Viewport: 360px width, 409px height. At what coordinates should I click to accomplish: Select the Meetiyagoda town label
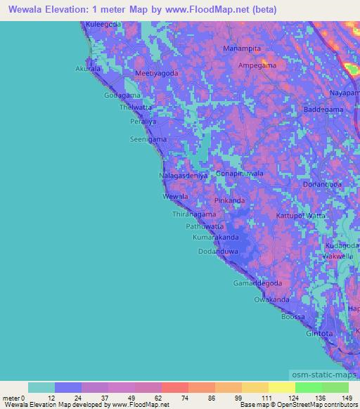coord(156,73)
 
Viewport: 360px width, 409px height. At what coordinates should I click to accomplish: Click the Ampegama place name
coord(257,65)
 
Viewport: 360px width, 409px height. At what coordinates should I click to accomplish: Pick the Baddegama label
coord(323,110)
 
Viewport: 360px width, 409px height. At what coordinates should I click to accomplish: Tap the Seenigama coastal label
coord(148,139)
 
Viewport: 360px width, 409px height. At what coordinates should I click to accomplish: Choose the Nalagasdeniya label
coord(184,176)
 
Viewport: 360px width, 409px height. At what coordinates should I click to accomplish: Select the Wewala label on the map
coord(175,197)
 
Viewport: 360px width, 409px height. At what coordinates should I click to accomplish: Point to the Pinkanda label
coord(229,201)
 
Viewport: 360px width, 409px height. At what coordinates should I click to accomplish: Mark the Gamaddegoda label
coord(257,283)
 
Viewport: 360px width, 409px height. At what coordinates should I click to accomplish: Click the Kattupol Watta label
coord(301,215)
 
